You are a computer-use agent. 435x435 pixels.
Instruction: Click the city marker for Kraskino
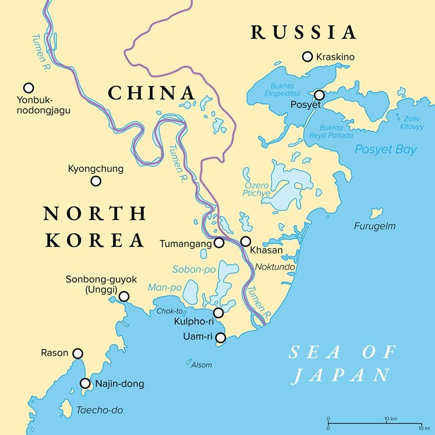tap(308, 56)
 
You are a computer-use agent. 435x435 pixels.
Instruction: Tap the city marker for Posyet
tap(319, 95)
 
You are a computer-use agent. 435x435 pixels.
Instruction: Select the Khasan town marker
tap(246, 241)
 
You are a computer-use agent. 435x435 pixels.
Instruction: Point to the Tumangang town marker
tap(219, 243)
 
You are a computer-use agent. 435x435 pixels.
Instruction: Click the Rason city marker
tap(78, 353)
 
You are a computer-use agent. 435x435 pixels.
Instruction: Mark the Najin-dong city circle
tap(85, 383)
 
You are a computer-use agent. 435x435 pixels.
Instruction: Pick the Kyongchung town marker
tap(96, 181)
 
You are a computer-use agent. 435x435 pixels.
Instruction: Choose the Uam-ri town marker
tap(220, 338)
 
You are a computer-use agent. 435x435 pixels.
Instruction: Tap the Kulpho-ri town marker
tap(219, 313)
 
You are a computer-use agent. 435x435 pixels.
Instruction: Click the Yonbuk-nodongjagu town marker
tap(28, 88)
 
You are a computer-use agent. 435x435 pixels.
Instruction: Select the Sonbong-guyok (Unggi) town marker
tap(124, 296)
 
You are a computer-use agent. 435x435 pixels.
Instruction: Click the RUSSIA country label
tap(303, 32)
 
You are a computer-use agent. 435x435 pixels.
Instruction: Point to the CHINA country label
tap(151, 93)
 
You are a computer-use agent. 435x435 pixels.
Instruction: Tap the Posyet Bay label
tap(386, 150)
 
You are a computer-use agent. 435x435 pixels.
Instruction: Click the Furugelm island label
tap(375, 226)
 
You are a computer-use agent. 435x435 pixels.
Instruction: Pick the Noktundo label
tap(275, 268)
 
